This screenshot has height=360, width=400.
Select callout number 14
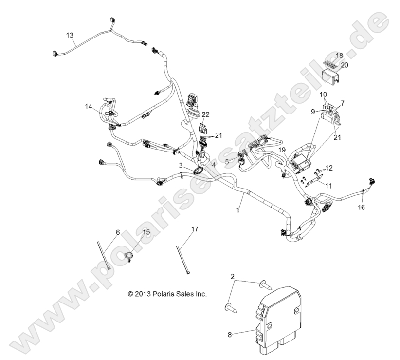coord(88,106)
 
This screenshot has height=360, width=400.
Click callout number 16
coord(375,207)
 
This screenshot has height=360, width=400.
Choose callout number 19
coord(281,150)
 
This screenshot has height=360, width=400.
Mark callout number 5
coord(227,161)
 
